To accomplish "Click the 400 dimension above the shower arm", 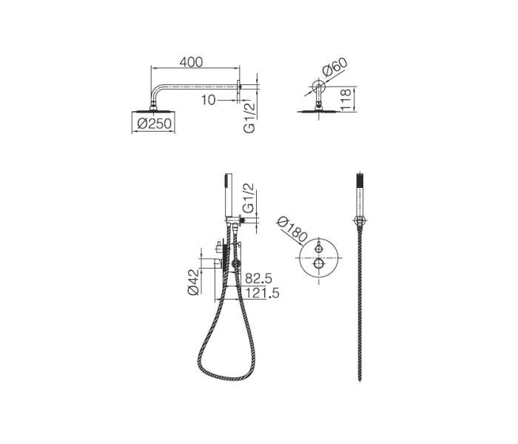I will click(x=192, y=63).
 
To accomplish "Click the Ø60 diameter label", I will click(x=334, y=70).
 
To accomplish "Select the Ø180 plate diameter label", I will click(x=292, y=230).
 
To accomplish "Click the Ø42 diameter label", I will click(x=194, y=281).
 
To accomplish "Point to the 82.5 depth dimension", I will click(x=258, y=278).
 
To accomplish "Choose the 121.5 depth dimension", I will click(x=260, y=294).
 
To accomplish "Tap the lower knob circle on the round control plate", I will click(x=318, y=264).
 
